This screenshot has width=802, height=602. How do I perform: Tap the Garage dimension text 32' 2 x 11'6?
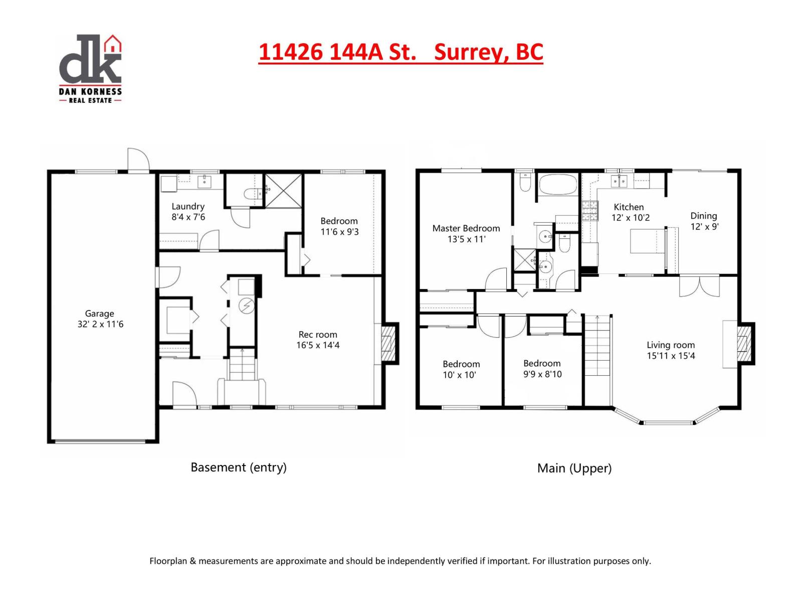(100, 325)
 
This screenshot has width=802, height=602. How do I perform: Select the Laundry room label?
(188, 206)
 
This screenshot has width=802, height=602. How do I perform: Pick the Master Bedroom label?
(466, 228)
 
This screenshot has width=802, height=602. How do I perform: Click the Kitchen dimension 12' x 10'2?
(630, 218)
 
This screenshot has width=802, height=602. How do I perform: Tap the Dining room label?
(704, 216)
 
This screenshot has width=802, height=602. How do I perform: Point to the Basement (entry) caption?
(239, 467)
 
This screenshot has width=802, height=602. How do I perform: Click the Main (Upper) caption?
(574, 468)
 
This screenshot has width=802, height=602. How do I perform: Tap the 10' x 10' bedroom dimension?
(459, 375)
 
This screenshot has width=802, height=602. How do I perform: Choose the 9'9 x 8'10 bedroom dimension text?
(542, 374)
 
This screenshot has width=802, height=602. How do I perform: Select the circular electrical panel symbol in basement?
(246, 306)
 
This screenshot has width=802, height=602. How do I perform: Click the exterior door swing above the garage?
(138, 160)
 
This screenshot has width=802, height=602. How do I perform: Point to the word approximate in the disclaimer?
(301, 561)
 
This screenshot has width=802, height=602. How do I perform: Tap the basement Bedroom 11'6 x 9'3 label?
(339, 226)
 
